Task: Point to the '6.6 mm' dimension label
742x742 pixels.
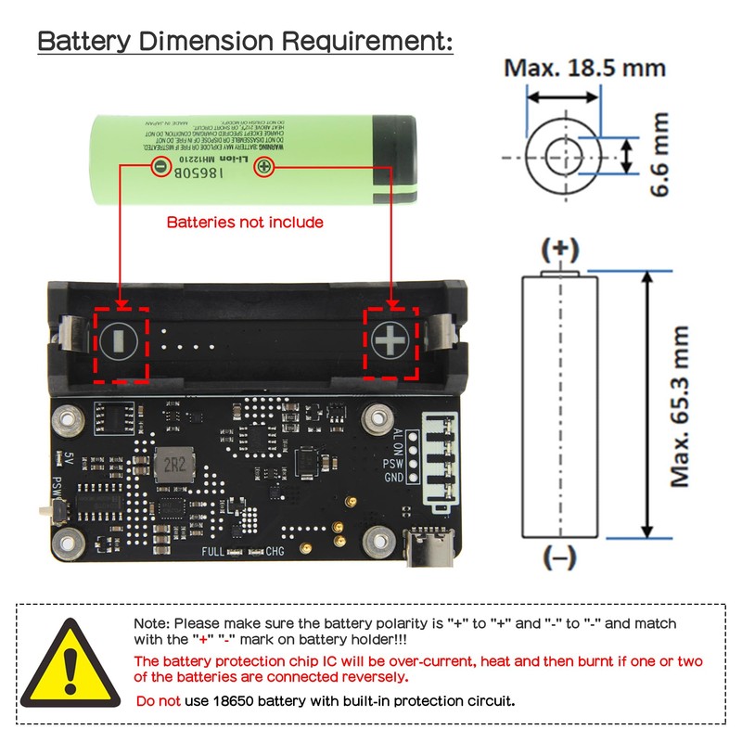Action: coord(659,155)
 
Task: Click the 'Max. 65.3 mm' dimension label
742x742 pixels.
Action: coord(682,406)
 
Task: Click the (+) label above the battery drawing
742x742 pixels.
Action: coord(559,249)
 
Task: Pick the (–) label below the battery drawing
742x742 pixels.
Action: coord(559,557)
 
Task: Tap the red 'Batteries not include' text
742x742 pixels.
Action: coord(245,222)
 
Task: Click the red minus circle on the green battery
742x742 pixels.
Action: coord(160,167)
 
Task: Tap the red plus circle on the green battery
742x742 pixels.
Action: coord(263,167)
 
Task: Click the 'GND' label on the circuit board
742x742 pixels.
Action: coord(393,478)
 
